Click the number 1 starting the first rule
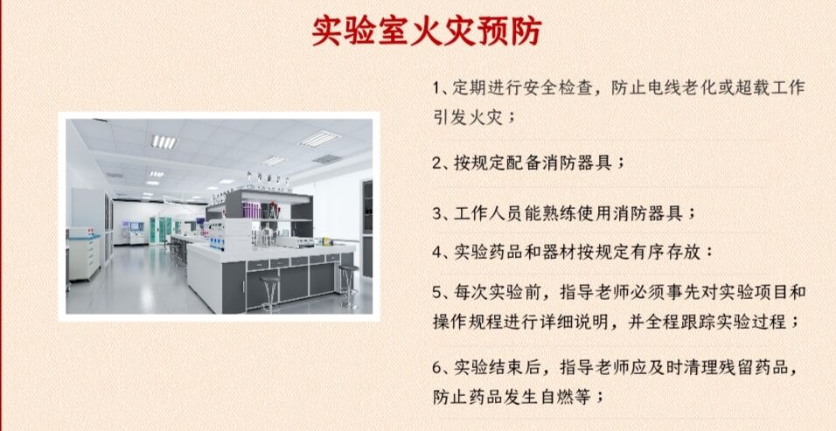pyautogui.click(x=435, y=88)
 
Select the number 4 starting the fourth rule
pyautogui.click(x=437, y=253)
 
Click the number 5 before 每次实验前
pyautogui.click(x=437, y=293)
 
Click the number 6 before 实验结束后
pyautogui.click(x=437, y=367)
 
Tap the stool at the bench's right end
pyautogui.click(x=349, y=285)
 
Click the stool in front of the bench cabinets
pyautogui.click(x=269, y=293)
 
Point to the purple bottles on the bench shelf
pyautogui.click(x=251, y=210)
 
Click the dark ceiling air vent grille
pyautogui.click(x=327, y=159)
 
